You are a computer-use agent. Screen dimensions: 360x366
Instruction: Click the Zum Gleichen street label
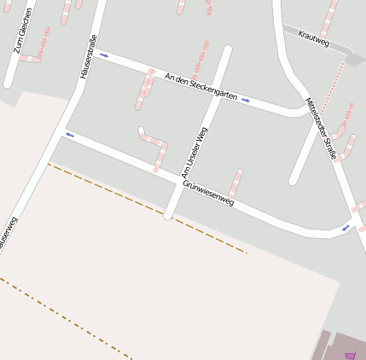coord(24,31)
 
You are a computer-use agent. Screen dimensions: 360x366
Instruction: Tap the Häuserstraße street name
coord(87,56)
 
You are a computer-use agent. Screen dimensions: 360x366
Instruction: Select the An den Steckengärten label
coord(201,87)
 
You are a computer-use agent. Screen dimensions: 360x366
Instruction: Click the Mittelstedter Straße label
coord(321,128)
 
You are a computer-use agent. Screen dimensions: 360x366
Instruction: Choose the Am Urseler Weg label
coord(195,153)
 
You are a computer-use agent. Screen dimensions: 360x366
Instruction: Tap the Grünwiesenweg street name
coord(207,192)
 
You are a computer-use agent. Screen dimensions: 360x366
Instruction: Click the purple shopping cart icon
coord(350,355)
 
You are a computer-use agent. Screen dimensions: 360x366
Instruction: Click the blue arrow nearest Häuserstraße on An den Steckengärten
coord(104,55)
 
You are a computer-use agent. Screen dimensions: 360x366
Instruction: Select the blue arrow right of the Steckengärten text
coord(246,100)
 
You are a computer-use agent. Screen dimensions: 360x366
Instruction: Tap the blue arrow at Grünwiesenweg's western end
coord(69,134)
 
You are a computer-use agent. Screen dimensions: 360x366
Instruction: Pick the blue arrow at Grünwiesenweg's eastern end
coord(346,227)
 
